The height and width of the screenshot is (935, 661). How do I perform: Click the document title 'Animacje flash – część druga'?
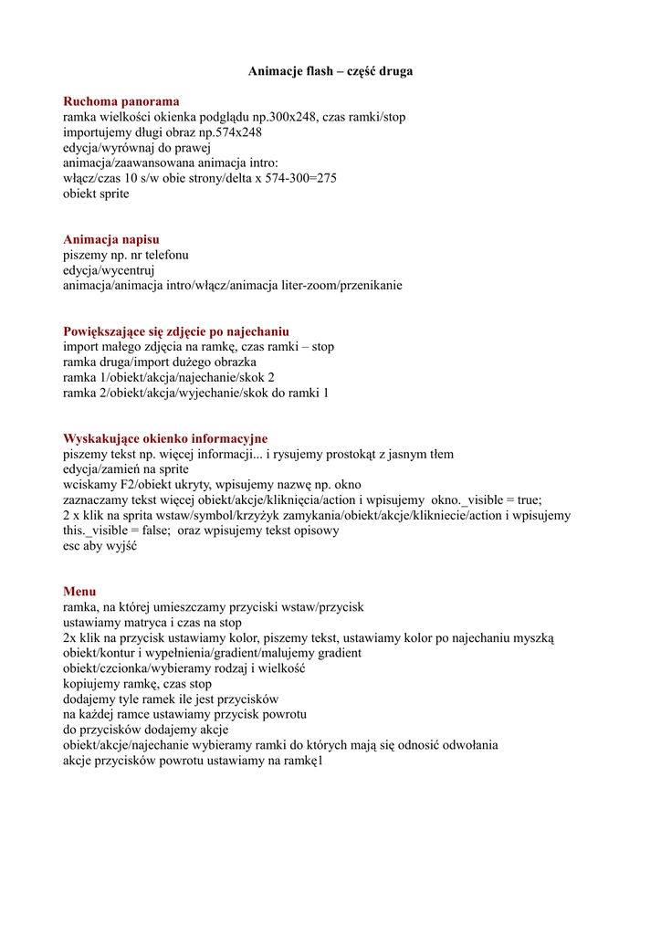pos(330,71)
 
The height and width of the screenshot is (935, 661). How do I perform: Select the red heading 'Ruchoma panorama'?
pos(121,101)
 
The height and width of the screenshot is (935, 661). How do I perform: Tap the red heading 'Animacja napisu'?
pos(110,239)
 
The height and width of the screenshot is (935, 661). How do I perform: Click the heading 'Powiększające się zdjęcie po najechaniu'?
pos(175,331)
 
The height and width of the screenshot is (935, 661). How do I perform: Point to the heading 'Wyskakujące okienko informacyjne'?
pos(165,439)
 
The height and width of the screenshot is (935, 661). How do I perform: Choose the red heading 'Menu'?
pos(79,592)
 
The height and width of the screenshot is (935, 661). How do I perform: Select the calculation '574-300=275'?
pos(300,178)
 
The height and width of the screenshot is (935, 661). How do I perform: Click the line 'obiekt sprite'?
pos(96,194)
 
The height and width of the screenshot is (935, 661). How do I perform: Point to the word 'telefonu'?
pos(166,255)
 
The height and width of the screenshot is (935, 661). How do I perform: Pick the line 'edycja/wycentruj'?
pos(109,270)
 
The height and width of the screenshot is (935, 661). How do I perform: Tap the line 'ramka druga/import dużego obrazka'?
pos(160,362)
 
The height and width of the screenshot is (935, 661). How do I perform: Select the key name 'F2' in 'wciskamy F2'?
pos(126,485)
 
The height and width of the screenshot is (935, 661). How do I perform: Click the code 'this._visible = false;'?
pos(117,531)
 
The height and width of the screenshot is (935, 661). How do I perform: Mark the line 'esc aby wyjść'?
pos(100,546)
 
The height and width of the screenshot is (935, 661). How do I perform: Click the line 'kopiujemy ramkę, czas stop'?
pos(137,684)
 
